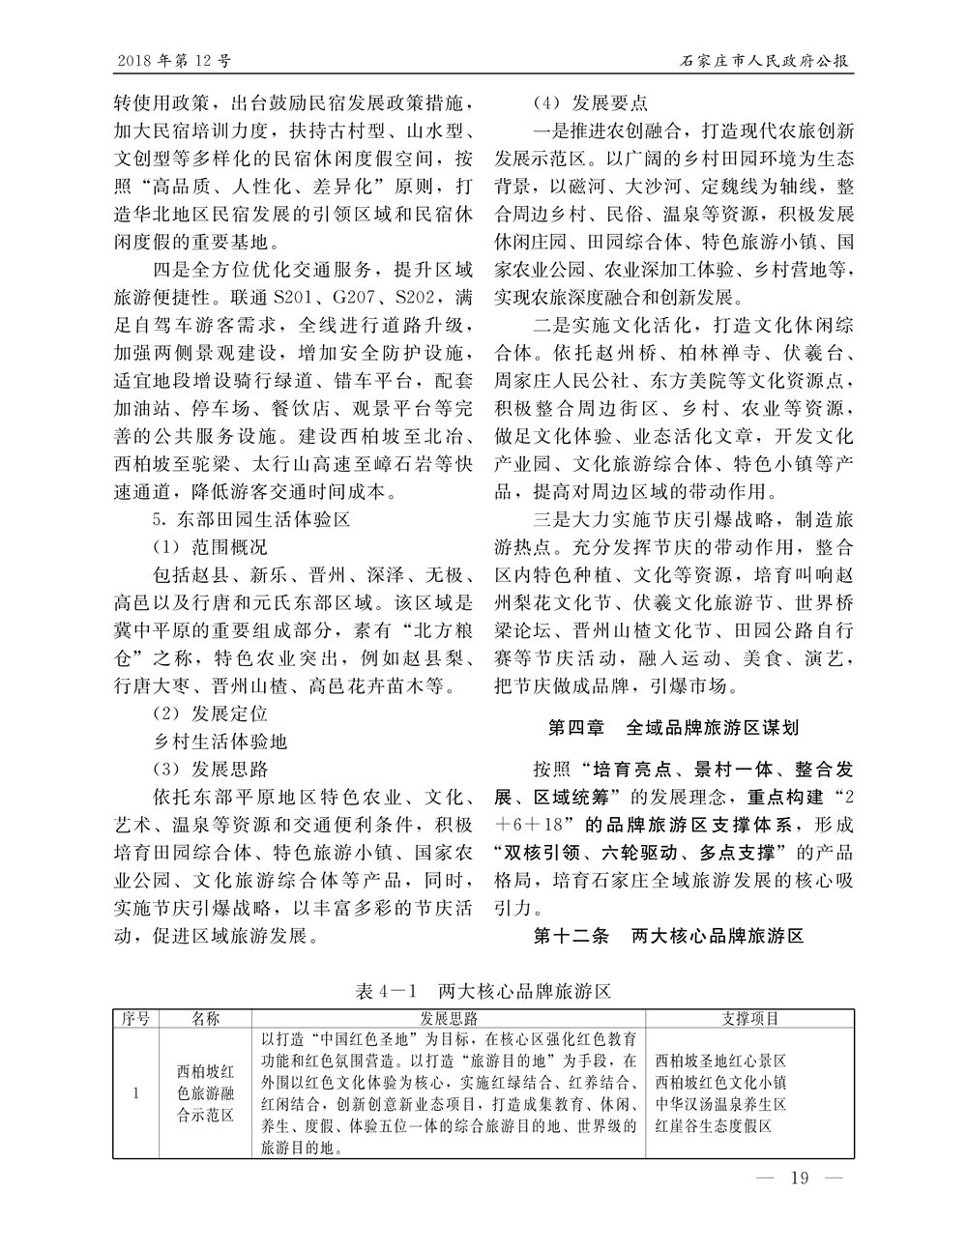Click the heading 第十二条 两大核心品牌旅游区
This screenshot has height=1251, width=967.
(x=669, y=936)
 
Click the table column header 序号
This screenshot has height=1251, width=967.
(x=136, y=1018)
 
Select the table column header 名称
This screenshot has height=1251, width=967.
(x=206, y=1018)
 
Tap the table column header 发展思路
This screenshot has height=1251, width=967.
(x=449, y=1018)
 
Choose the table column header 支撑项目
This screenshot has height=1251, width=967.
(x=750, y=1018)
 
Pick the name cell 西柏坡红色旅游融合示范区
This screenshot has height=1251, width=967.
(x=206, y=1093)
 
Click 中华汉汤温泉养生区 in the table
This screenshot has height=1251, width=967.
(x=720, y=1104)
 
